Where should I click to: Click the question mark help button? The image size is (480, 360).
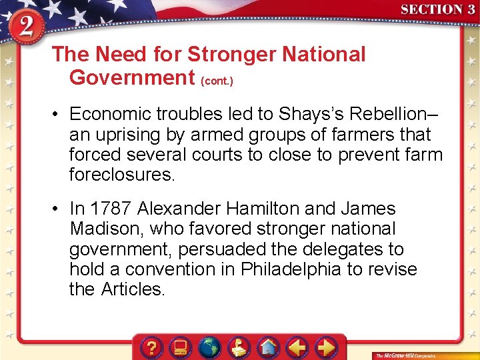point(153,347)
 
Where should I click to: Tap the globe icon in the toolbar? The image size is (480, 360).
point(209,347)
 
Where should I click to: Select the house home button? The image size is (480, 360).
point(268,347)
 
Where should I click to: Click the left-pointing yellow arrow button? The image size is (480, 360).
point(297,347)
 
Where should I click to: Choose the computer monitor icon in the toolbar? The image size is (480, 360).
point(181,347)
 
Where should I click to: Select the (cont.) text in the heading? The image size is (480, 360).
point(217,80)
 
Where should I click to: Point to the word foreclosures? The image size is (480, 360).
point(121,175)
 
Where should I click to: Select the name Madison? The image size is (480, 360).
point(106,229)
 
